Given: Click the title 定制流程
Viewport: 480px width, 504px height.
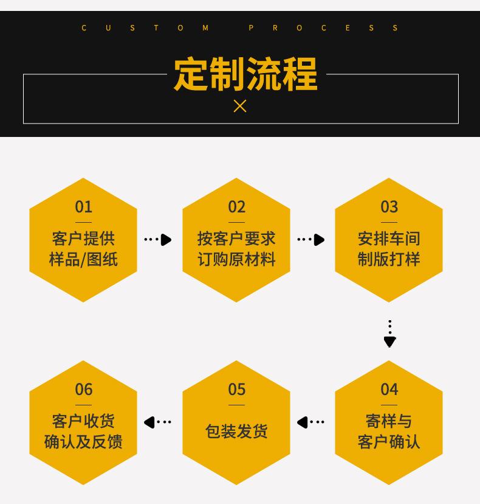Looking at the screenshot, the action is click(x=245, y=74).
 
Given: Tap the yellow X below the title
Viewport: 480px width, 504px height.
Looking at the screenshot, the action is click(x=240, y=106).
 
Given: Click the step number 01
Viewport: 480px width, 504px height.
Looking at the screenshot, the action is click(x=84, y=207).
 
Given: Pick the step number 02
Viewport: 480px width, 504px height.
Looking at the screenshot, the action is click(x=237, y=207).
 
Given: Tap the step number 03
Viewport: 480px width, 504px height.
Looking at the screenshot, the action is click(x=389, y=207).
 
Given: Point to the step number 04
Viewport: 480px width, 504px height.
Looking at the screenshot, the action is click(x=389, y=389).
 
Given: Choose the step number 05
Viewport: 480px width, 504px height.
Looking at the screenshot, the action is click(x=237, y=389).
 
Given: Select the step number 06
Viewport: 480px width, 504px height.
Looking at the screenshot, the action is click(x=84, y=389).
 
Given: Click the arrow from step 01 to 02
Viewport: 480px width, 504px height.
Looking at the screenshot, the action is click(x=158, y=240).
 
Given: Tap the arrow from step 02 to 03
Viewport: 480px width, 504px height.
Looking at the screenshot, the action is click(x=311, y=240).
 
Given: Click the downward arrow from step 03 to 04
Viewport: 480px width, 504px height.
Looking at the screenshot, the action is click(x=389, y=334).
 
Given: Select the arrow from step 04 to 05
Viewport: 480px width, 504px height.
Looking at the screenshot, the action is click(x=311, y=422).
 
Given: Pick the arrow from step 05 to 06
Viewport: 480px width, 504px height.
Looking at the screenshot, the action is click(x=158, y=422).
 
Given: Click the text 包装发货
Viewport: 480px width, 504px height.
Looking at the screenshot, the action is click(x=237, y=431).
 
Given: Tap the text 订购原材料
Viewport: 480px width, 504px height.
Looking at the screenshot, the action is click(x=237, y=259).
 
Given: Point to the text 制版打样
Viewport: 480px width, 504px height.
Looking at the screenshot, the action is click(x=389, y=259).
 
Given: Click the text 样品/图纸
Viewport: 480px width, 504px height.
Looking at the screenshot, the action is click(x=84, y=259).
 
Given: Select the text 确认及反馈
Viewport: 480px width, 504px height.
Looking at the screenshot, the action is click(x=84, y=441).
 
